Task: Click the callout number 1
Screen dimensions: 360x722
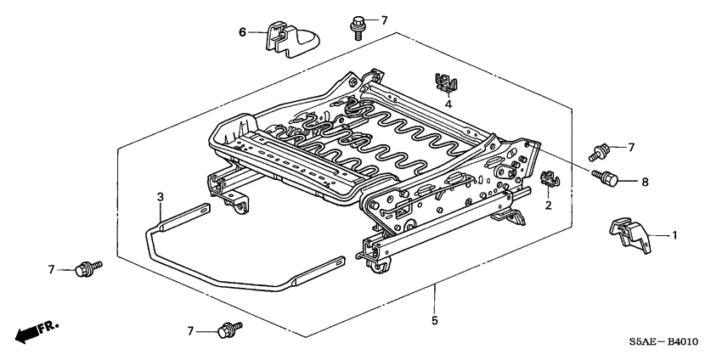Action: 674,235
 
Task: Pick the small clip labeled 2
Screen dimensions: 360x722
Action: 550,179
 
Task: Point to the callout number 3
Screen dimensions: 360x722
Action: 159,198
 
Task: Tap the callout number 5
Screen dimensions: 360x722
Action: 434,320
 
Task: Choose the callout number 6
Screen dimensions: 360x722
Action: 241,32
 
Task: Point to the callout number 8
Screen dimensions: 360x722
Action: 645,181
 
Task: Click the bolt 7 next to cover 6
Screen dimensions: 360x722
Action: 357,25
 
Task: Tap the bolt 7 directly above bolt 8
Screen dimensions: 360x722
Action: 600,152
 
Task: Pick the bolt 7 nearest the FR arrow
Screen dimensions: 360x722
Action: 86,269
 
